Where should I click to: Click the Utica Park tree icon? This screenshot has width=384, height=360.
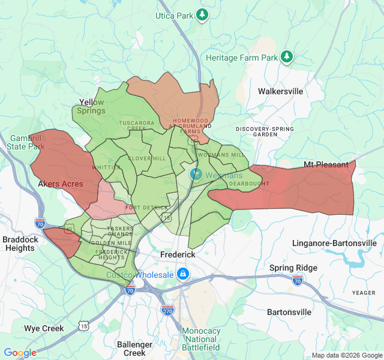203,14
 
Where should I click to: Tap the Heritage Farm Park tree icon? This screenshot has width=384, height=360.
287,57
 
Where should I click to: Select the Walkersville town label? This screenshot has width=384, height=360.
280,92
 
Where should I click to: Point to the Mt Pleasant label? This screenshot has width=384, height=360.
325,164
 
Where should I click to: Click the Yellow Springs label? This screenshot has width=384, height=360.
91,106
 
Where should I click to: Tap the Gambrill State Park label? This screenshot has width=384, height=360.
26,142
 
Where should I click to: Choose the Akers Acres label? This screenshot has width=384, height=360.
61,184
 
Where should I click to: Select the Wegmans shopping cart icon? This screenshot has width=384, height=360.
196,175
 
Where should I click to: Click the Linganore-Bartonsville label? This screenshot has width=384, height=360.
334,243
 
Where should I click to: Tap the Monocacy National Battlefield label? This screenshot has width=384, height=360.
201,339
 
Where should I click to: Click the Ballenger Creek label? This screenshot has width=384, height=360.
134,349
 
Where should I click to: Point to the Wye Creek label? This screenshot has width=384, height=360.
44,328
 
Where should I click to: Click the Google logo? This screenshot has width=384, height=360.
20,353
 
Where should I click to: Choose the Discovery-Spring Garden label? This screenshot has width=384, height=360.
265,131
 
